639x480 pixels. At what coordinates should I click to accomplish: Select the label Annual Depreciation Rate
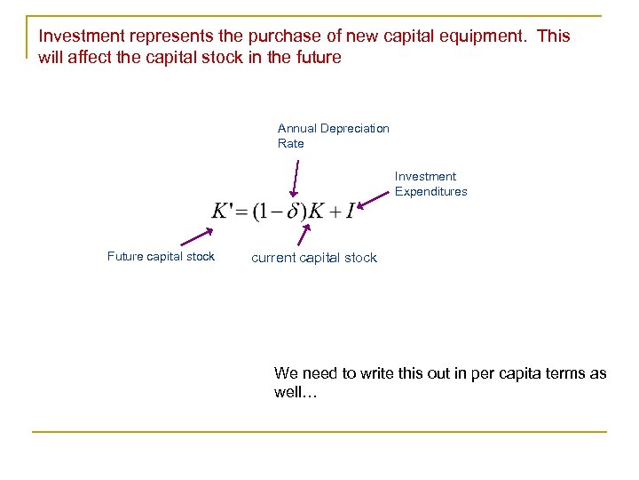(x=333, y=136)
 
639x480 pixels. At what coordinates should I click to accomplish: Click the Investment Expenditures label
(x=430, y=184)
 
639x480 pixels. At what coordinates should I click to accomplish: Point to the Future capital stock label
(x=161, y=257)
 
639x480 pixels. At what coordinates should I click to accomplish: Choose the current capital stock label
(x=314, y=258)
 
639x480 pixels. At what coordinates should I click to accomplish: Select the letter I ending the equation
(x=350, y=212)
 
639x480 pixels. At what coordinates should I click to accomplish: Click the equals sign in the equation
(x=242, y=212)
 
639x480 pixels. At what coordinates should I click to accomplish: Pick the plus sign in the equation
(x=334, y=212)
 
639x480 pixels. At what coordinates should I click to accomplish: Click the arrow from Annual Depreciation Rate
(x=296, y=178)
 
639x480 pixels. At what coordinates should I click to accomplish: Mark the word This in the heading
(x=555, y=36)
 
